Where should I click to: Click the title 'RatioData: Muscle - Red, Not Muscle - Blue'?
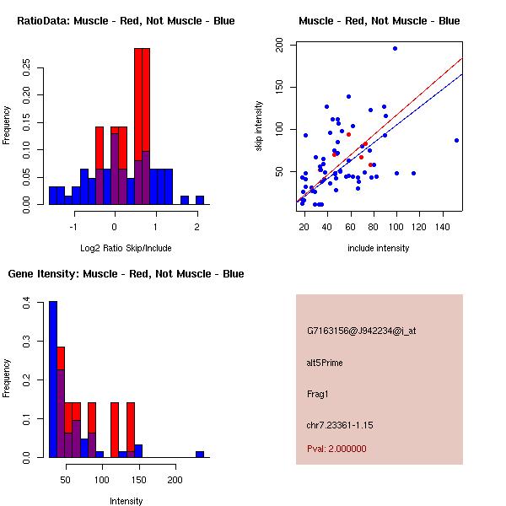[126, 20]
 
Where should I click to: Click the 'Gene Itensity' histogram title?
[126, 273]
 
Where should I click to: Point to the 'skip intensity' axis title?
[259, 126]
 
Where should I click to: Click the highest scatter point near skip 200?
[395, 48]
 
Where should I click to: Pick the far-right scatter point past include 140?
[456, 140]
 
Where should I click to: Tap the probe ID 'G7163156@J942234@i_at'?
[361, 330]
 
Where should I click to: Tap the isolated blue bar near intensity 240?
[200, 454]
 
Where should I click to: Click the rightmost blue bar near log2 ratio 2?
[200, 200]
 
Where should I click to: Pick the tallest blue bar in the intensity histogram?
[53, 379]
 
